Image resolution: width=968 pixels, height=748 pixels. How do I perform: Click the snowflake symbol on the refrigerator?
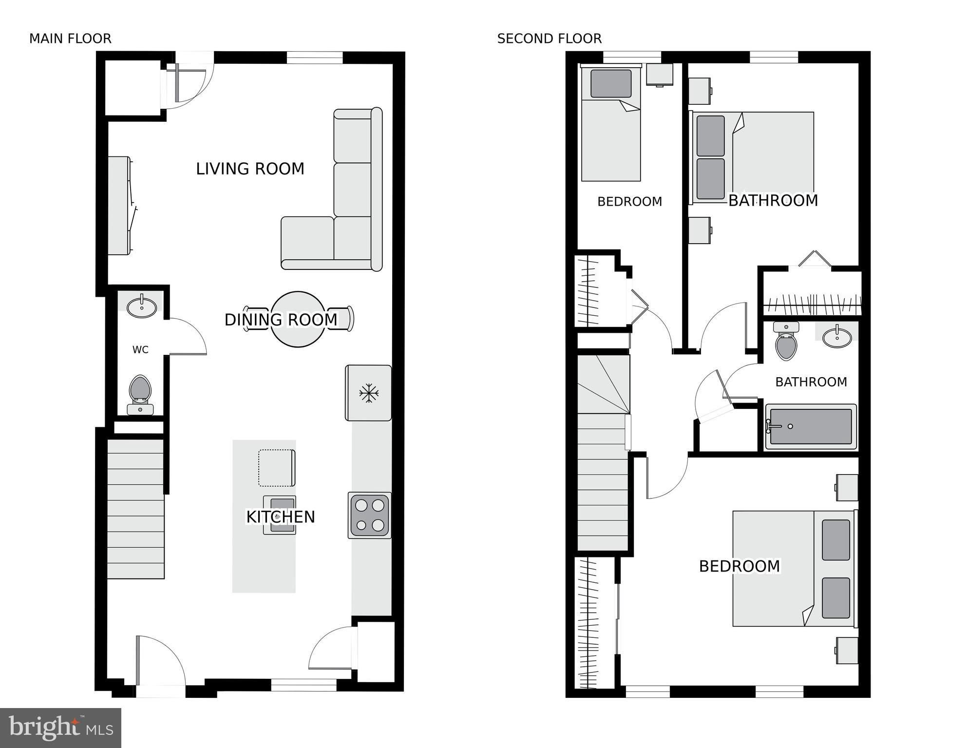click(369, 393)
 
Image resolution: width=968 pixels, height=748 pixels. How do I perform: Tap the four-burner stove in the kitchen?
click(370, 516)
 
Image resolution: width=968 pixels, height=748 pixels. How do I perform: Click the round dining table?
click(298, 319)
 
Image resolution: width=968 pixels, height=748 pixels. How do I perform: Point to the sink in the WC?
click(142, 306)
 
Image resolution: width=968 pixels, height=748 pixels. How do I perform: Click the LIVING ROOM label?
click(250, 169)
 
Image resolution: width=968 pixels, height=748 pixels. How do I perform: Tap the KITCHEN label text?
click(281, 517)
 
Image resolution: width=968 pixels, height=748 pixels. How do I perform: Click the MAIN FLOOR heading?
click(70, 38)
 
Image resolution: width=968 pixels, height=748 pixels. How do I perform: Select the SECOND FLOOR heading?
click(550, 38)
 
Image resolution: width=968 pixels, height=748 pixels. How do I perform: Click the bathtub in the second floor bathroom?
click(811, 426)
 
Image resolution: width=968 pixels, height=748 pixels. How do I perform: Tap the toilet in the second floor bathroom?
click(786, 341)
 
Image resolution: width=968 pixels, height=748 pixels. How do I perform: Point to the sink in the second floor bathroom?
click(837, 336)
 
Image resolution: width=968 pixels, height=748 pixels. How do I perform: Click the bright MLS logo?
click(60, 728)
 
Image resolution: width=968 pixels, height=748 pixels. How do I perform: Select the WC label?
click(140, 349)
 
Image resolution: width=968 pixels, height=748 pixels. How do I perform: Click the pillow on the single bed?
click(611, 83)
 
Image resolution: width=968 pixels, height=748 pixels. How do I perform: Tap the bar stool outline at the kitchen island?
click(277, 468)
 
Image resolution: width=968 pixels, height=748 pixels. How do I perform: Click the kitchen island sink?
click(280, 515)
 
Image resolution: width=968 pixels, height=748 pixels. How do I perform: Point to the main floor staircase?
click(135, 509)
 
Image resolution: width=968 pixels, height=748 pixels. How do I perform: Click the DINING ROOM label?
click(281, 320)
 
